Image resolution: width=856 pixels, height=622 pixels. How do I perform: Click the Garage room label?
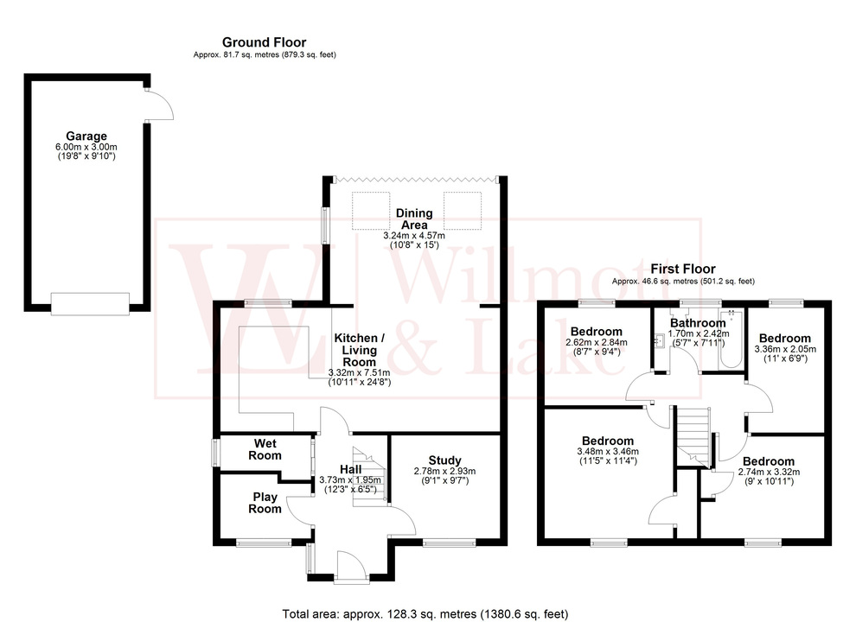[86, 136]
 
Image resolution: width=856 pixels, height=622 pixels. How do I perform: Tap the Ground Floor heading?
[264, 41]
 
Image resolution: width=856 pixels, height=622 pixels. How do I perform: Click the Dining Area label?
[413, 219]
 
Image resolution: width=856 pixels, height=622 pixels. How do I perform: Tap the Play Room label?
[266, 503]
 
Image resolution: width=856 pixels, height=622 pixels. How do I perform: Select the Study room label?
[444, 460]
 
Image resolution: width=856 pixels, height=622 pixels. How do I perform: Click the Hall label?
[350, 468]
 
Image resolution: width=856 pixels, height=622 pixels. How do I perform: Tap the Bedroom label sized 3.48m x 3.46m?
[607, 441]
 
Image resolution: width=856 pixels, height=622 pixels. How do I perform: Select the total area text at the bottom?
[425, 614]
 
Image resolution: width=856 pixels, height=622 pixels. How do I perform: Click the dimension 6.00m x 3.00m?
[86, 147]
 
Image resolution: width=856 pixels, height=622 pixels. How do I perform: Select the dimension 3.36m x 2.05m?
[785, 349]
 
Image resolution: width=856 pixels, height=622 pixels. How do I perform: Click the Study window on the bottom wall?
[449, 543]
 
